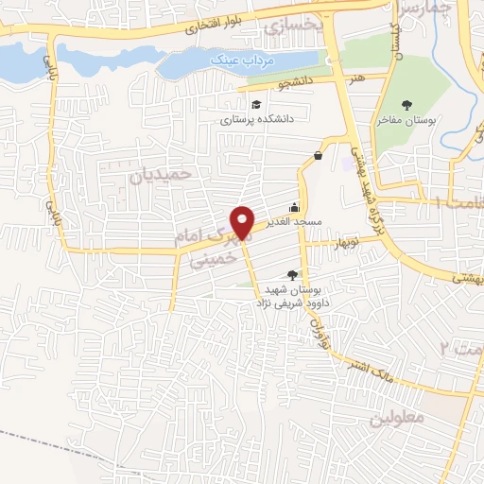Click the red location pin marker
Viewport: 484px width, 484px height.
243,222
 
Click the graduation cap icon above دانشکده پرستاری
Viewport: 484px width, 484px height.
256,104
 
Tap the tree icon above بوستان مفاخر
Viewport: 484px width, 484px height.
407,105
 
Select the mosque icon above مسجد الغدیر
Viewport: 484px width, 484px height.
295,208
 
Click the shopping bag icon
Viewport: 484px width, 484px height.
318,155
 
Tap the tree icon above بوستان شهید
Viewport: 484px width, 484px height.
290,275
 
